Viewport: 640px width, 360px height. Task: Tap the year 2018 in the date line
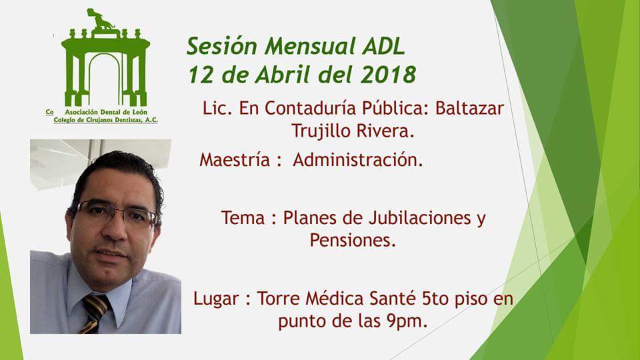388,74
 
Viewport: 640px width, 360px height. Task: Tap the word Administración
358,160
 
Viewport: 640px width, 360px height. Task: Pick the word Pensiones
353,241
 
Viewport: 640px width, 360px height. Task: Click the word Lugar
215,298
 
